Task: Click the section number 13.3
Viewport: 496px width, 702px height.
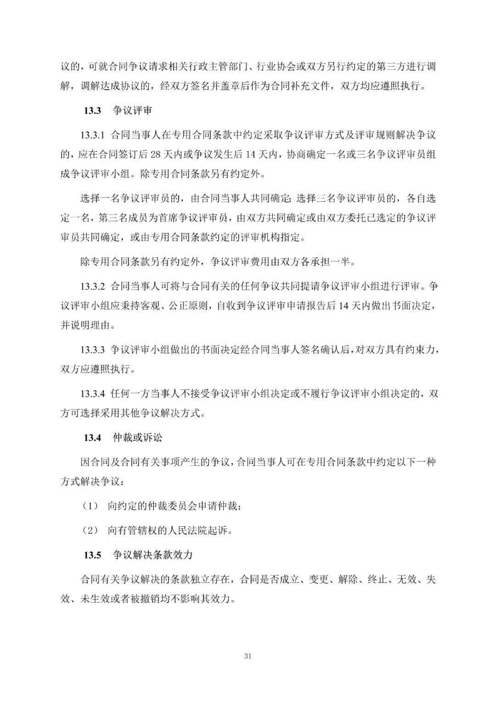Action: (x=92, y=111)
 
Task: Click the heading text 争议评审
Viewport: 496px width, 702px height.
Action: (x=133, y=111)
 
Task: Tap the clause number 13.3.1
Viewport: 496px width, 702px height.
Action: (x=93, y=135)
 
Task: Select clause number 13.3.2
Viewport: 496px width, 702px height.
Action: (x=93, y=286)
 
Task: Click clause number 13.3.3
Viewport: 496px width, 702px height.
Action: (x=93, y=350)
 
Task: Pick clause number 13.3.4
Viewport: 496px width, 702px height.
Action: (x=93, y=394)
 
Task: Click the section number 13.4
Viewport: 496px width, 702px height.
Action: (x=92, y=438)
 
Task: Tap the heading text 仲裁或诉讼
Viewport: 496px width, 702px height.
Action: (x=138, y=438)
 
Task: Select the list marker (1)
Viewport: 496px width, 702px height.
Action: (x=90, y=506)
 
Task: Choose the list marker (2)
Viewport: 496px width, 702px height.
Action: (x=90, y=531)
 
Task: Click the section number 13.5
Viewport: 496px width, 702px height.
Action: (x=92, y=555)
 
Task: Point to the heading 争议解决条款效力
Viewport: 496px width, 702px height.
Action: (x=152, y=555)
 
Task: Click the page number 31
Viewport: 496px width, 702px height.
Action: (x=248, y=656)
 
